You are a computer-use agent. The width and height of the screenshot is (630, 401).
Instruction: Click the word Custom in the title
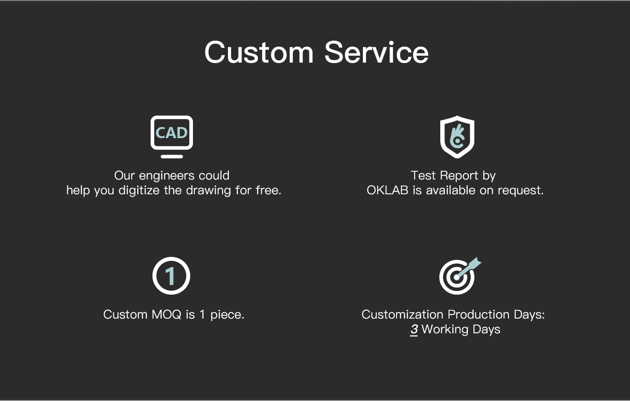pyautogui.click(x=259, y=52)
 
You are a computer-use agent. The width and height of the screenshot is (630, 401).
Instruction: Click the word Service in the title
pyautogui.click(x=377, y=52)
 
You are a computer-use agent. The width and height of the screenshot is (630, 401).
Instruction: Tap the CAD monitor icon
pyautogui.click(x=172, y=137)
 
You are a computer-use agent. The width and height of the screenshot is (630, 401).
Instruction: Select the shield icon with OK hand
pyautogui.click(x=457, y=137)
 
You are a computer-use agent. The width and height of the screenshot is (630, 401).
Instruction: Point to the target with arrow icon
pyautogui.click(x=460, y=276)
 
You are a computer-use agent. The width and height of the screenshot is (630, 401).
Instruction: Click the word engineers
pyautogui.click(x=167, y=176)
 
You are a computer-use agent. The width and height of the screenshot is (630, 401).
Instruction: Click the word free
pyautogui.click(x=268, y=190)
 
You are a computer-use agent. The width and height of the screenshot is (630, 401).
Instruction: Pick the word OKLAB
pyautogui.click(x=387, y=190)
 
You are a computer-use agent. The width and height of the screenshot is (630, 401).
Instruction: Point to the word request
pyautogui.click(x=520, y=191)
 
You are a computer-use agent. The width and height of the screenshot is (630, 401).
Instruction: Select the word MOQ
pyautogui.click(x=166, y=314)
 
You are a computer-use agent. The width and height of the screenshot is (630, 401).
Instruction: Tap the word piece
pyautogui.click(x=227, y=315)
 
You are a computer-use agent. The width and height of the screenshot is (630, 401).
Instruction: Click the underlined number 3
pyautogui.click(x=414, y=330)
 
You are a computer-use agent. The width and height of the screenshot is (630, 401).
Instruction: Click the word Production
pyautogui.click(x=478, y=314)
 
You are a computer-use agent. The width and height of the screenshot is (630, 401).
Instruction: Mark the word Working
pyautogui.click(x=445, y=330)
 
